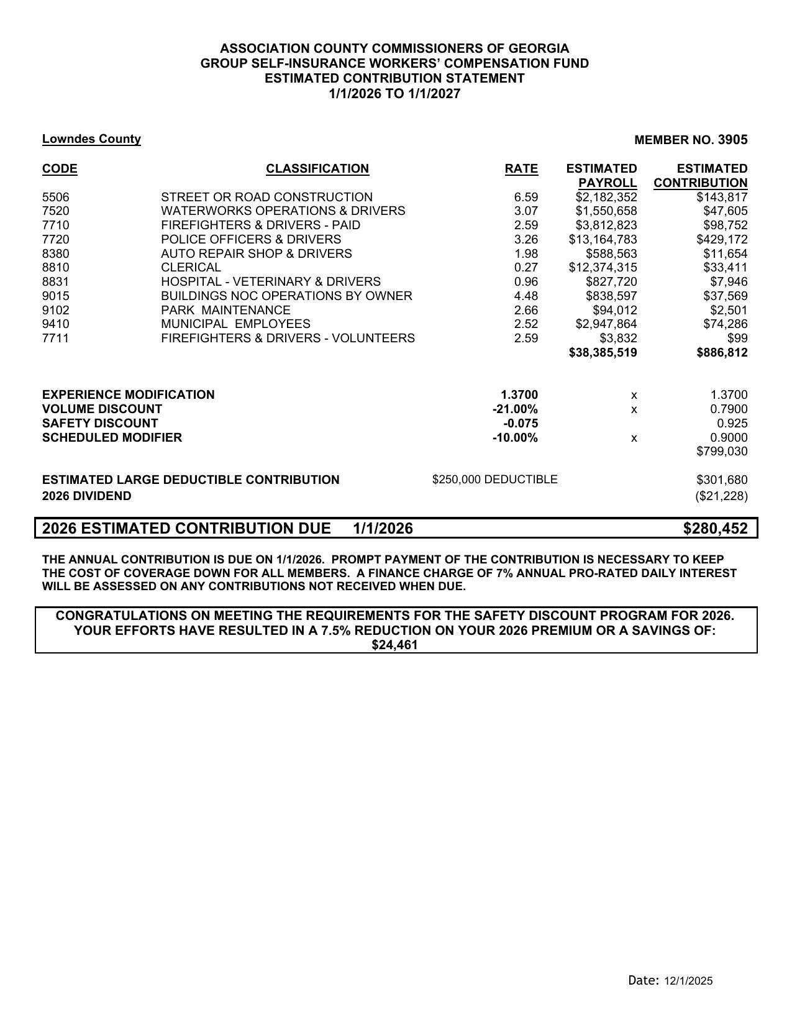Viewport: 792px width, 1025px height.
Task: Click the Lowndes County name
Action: click(x=91, y=139)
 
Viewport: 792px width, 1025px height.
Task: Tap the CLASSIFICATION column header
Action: click(x=317, y=169)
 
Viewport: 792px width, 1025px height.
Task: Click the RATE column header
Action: click(x=521, y=169)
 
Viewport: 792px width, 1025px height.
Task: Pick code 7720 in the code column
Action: click(x=56, y=239)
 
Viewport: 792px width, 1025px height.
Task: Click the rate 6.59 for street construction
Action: click(x=526, y=197)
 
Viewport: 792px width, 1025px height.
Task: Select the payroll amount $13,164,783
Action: click(x=603, y=239)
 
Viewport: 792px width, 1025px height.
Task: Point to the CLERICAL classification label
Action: click(x=191, y=268)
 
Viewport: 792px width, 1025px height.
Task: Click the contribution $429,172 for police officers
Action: click(x=721, y=239)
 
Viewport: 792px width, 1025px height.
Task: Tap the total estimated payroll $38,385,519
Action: click(x=603, y=353)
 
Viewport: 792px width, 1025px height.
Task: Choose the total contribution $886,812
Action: click(x=721, y=353)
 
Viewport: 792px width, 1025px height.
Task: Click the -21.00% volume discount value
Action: click(x=515, y=409)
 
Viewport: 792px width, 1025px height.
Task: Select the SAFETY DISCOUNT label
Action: click(x=100, y=424)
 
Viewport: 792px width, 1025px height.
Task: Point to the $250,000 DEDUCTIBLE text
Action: click(x=494, y=480)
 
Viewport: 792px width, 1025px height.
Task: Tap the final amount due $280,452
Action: click(x=715, y=529)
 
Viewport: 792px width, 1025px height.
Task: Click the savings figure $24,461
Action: click(x=394, y=645)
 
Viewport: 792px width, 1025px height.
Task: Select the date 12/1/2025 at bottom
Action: click(x=688, y=981)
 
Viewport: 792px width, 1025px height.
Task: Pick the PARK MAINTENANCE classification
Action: click(x=225, y=310)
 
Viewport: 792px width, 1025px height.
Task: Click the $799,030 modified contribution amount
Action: click(x=722, y=452)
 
